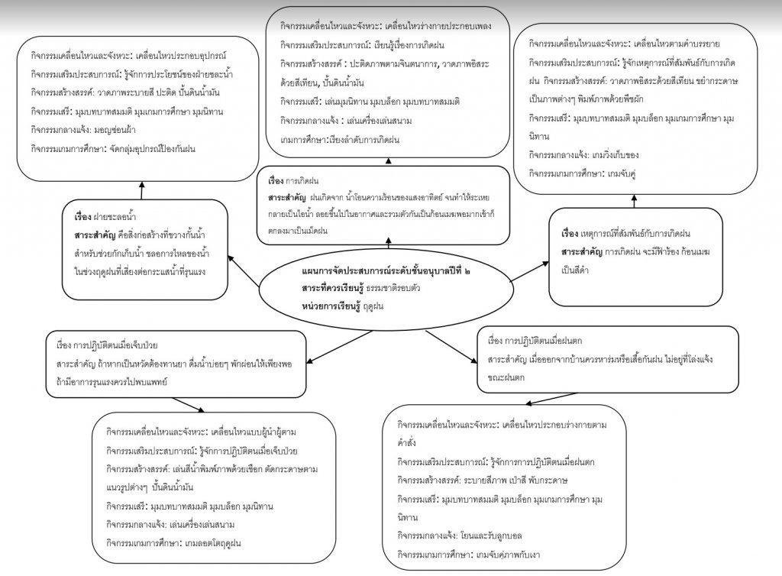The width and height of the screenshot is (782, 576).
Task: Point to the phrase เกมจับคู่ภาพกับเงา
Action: [523, 554]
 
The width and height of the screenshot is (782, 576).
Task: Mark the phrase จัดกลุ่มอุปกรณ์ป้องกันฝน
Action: [145, 148]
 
